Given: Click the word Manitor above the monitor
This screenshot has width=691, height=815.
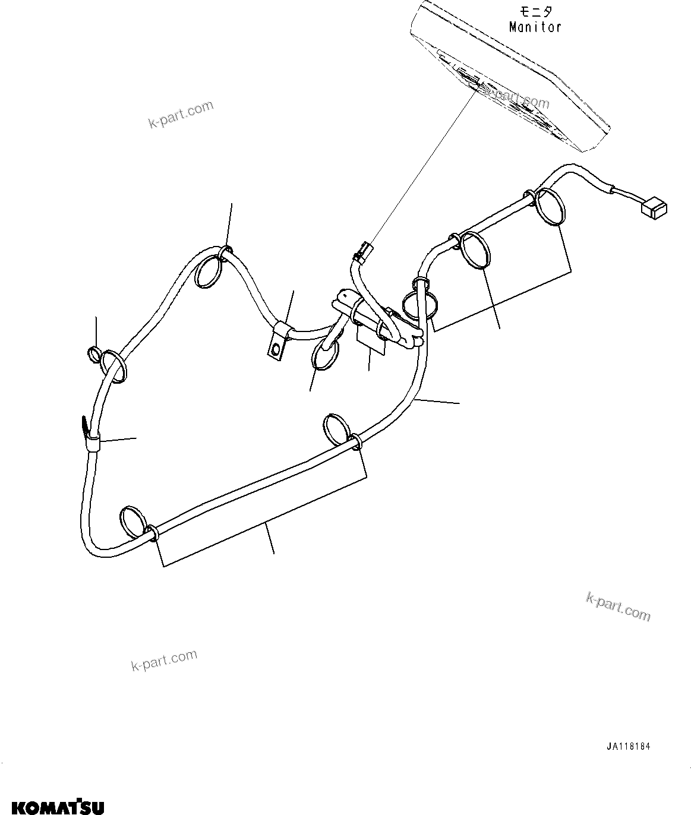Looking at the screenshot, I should (x=535, y=27).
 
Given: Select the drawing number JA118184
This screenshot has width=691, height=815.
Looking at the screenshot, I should (x=632, y=747).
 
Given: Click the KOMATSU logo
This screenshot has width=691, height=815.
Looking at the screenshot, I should (x=52, y=806).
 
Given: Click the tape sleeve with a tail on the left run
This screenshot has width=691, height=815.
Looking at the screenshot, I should (x=91, y=437).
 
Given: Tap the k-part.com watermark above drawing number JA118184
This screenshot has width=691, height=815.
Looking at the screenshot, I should (x=618, y=606).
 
